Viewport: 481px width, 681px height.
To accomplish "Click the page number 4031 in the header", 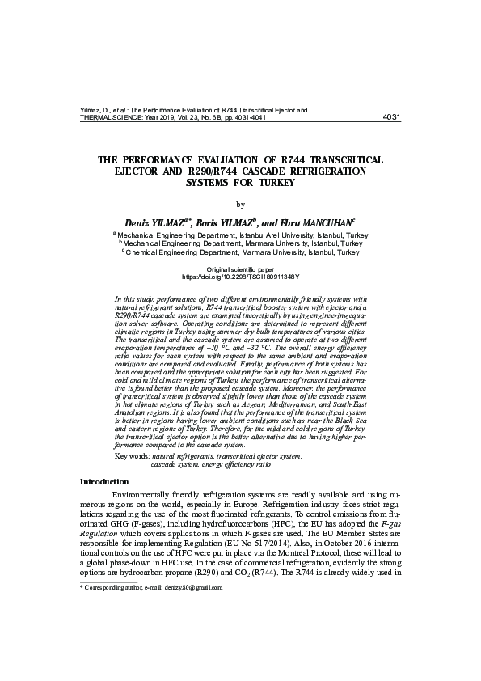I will [390, 116].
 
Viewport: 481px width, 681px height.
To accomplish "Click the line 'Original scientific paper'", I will [240, 268].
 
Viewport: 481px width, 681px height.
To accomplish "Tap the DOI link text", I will [240, 276].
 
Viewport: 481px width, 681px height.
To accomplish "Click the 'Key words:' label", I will [133, 457].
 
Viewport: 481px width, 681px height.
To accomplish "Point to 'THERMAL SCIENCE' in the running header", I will [113, 116].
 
